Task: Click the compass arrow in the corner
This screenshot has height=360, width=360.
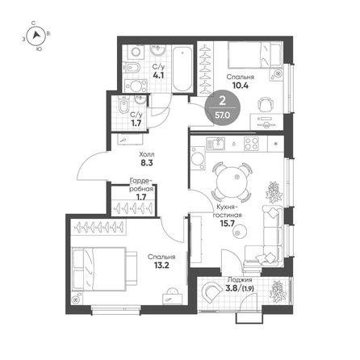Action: [36, 35]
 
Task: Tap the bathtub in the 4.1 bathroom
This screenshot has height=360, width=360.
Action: [182, 69]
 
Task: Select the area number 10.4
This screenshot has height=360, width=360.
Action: [241, 86]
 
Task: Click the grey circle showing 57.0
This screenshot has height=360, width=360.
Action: [223, 107]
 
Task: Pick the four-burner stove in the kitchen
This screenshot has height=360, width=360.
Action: [251, 144]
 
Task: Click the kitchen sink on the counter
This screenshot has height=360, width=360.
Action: [216, 144]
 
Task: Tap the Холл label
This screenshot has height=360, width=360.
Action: [147, 154]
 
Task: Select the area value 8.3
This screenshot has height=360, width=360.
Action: [147, 162]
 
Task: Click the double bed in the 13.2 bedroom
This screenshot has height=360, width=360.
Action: [105, 269]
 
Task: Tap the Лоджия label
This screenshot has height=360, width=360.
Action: [240, 280]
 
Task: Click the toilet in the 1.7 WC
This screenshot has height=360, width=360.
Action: [123, 106]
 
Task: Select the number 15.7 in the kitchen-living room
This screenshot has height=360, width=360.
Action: [228, 224]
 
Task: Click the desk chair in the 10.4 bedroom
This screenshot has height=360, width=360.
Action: [266, 104]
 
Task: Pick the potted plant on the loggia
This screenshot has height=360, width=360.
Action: [278, 291]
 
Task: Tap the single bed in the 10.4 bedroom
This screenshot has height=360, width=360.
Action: [254, 54]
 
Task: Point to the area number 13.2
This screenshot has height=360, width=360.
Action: [161, 266]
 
